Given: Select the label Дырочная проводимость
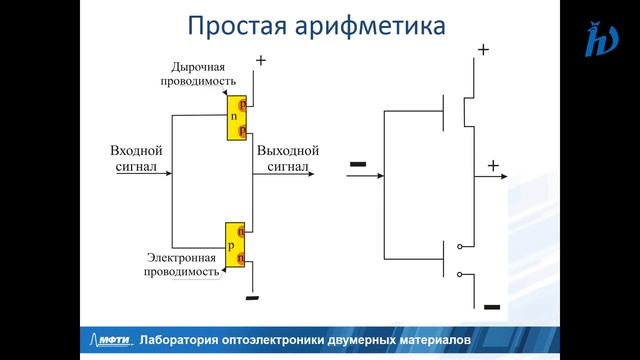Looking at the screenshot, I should point(203,73).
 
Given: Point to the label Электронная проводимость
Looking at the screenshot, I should point(181,264).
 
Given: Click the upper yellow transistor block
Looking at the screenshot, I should point(236,117).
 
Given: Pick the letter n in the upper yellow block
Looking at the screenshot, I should point(233,117).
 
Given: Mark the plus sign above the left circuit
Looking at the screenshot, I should point(261,60).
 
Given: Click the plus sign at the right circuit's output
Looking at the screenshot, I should point(492,165).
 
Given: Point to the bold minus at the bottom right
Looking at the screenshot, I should point(490,307).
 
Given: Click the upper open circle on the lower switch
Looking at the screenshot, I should point(460,245).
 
